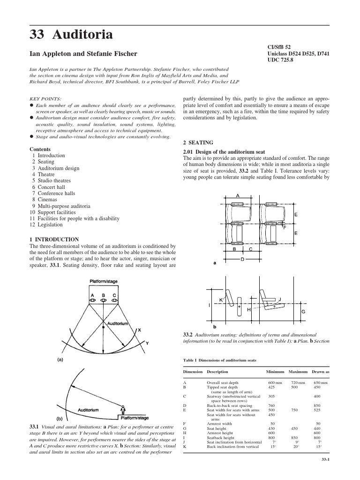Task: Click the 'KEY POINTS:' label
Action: [x=45, y=99]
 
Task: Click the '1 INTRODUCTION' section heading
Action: [x=57, y=239]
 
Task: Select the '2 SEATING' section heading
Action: [x=197, y=142]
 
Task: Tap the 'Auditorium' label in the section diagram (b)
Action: [x=88, y=409]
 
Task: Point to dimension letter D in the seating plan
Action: [x=242, y=259]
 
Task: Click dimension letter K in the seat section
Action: [x=221, y=299]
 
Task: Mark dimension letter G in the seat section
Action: [x=303, y=311]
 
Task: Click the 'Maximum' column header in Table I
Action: [x=298, y=372]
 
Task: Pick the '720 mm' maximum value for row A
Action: [x=298, y=383]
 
